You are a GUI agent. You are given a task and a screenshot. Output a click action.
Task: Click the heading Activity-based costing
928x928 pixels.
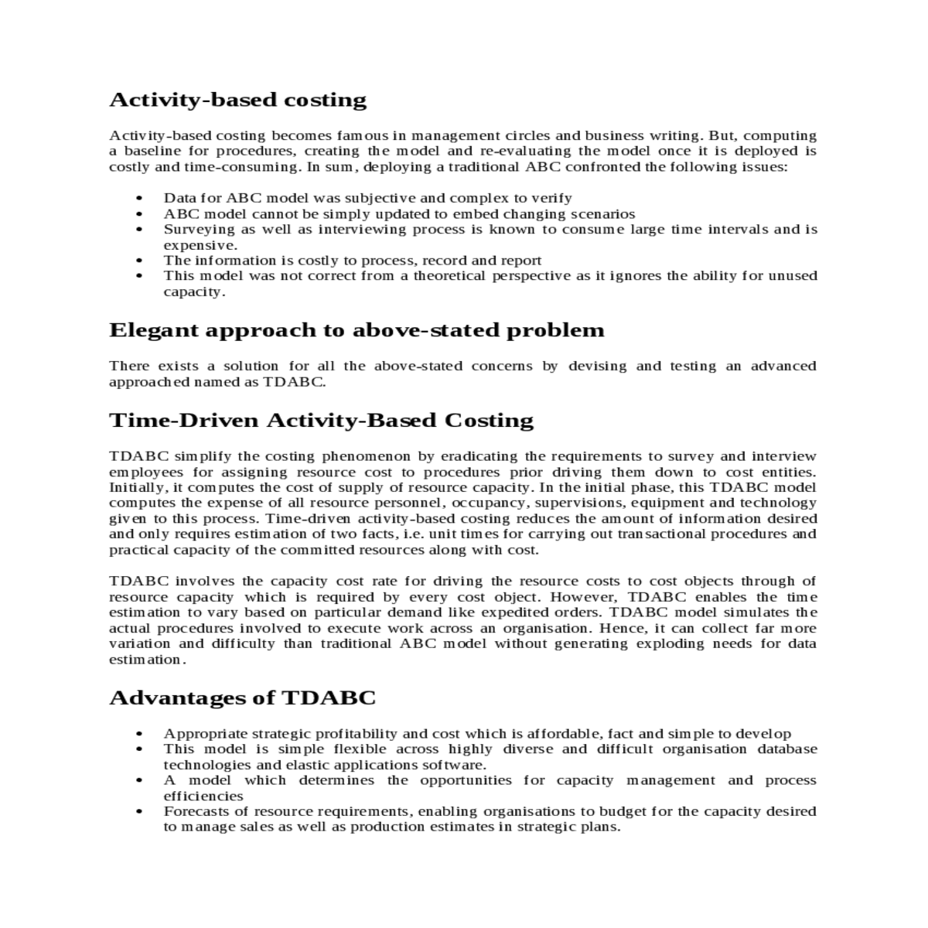click(237, 100)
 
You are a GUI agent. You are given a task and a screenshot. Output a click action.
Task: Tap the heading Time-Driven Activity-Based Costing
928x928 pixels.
click(321, 420)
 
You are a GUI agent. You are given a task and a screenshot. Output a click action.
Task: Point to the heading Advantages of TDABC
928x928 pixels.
click(242, 698)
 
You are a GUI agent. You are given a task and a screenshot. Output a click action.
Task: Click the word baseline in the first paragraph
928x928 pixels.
click(151, 151)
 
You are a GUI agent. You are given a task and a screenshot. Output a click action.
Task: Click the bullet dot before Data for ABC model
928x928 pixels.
click(139, 199)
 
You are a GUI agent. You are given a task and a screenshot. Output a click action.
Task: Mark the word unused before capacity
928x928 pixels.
click(793, 275)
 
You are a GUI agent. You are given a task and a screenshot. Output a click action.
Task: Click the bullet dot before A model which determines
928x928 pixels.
click(139, 781)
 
